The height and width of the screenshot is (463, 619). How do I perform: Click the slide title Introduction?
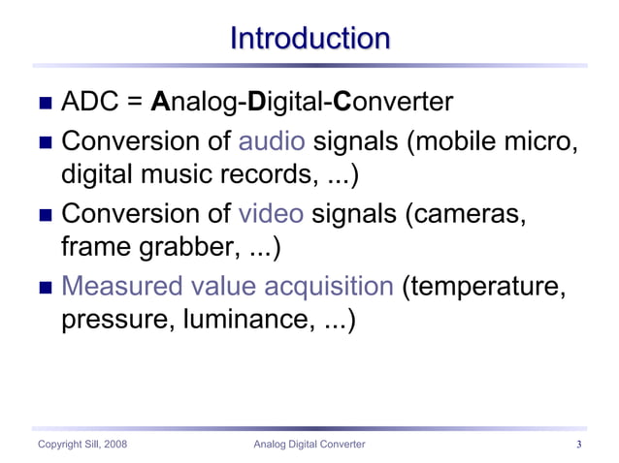tap(309, 39)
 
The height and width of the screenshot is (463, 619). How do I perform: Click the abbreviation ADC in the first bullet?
tap(92, 103)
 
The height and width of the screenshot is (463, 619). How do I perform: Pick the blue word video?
tap(273, 214)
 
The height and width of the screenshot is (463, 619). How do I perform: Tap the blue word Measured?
tap(121, 286)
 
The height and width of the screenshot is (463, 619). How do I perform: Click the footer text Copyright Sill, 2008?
tap(81, 445)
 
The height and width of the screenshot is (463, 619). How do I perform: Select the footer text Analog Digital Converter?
tap(309, 445)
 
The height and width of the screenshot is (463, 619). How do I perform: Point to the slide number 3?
tap(578, 445)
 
